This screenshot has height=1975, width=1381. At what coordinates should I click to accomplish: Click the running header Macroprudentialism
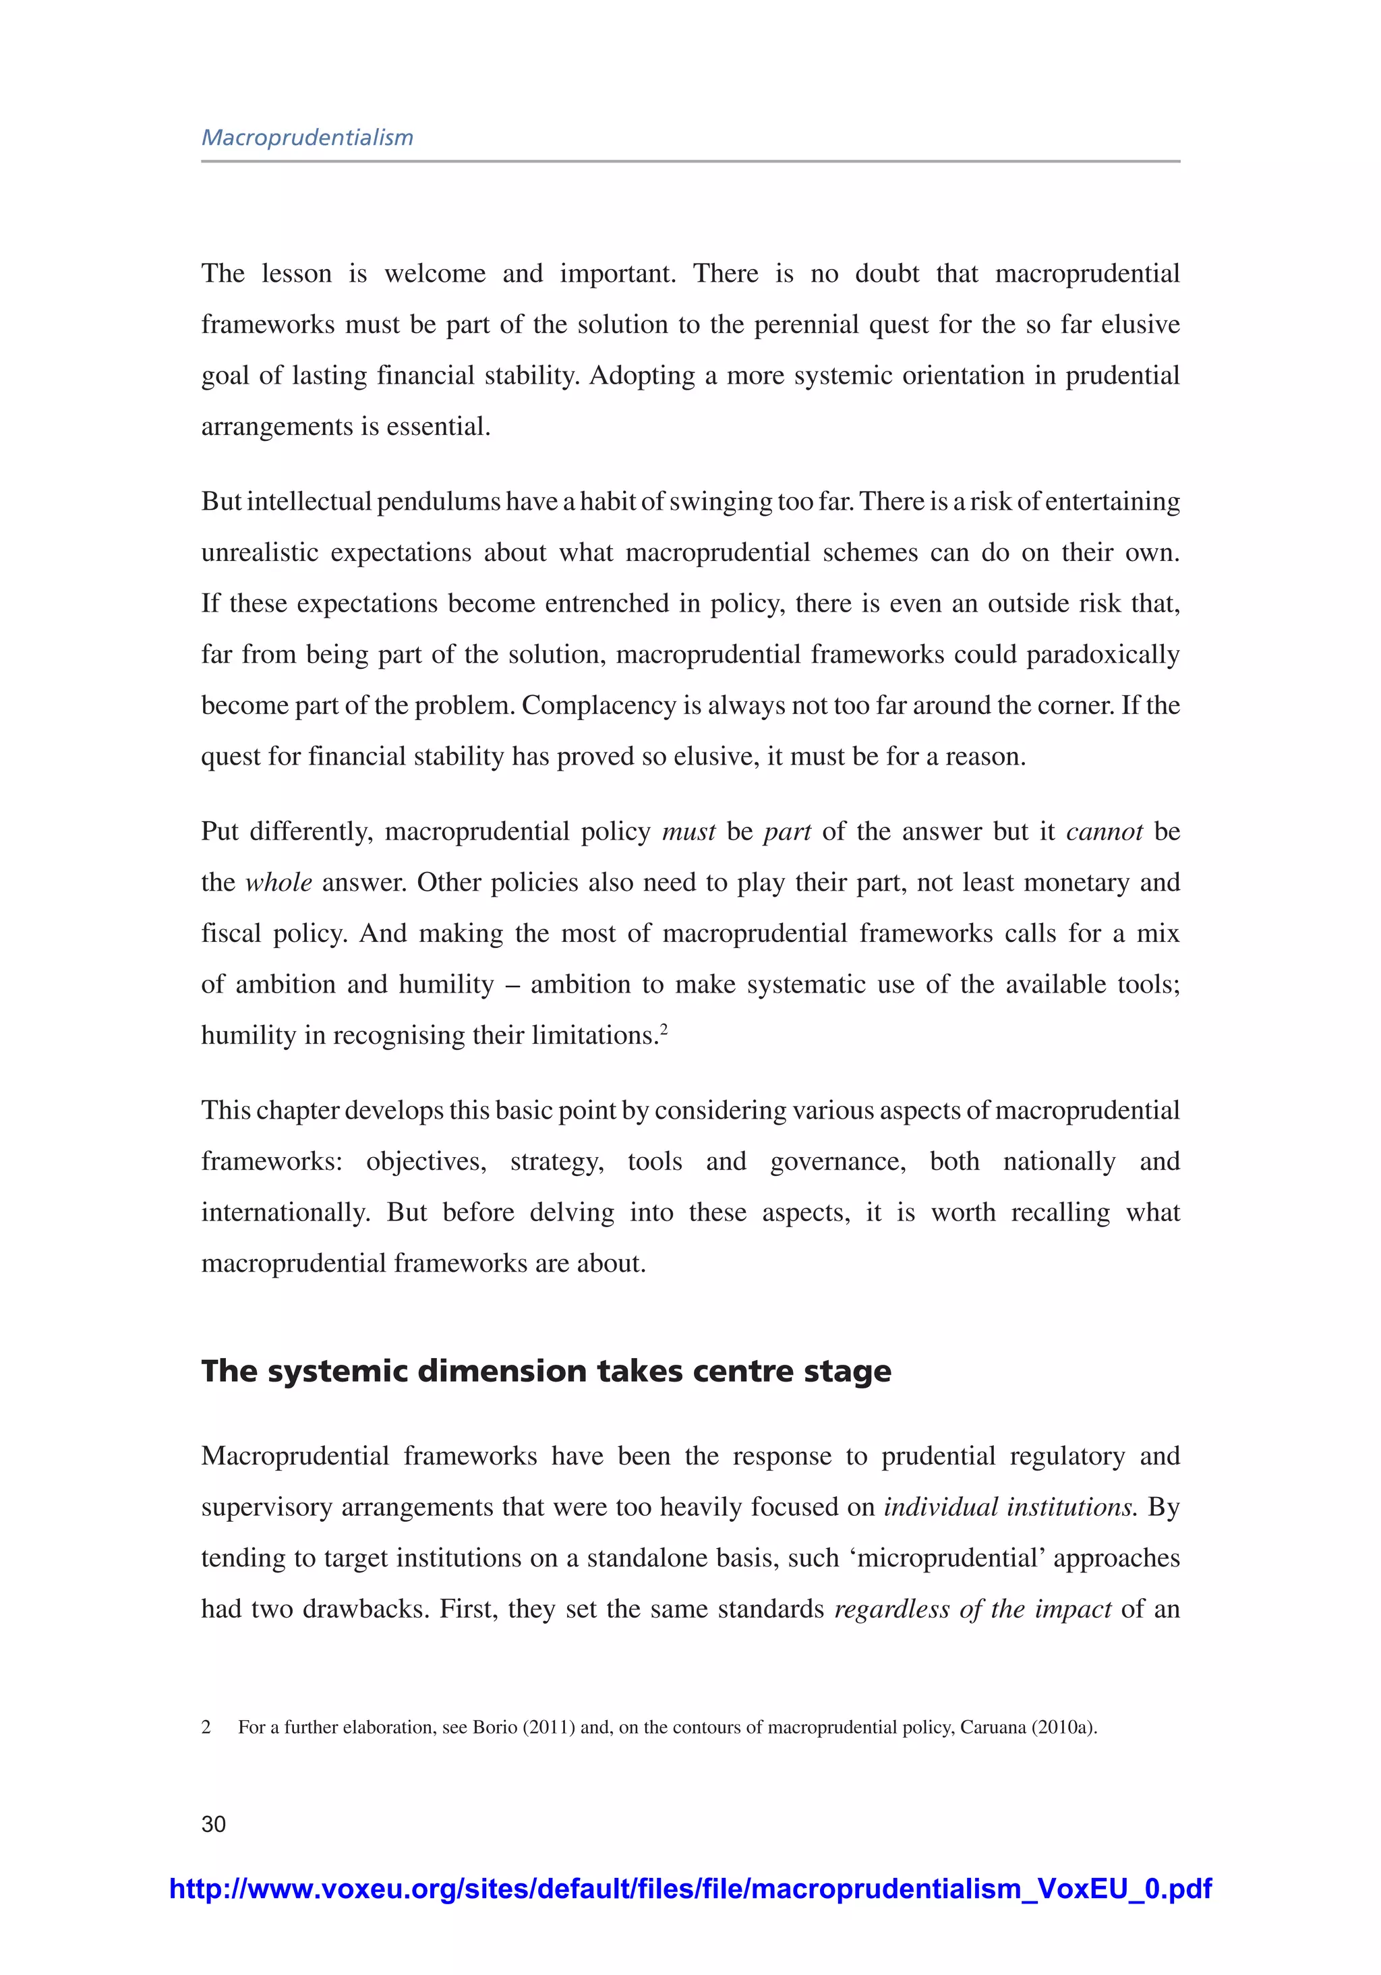pos(307,138)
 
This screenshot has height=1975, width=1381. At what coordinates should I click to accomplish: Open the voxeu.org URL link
pos(690,1888)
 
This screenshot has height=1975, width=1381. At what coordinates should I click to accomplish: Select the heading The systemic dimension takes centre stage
pos(546,1370)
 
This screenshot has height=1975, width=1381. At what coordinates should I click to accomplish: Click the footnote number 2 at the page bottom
pos(206,1726)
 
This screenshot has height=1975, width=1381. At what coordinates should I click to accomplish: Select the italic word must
pos(688,832)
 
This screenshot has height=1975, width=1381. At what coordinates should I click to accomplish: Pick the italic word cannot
pos(1104,832)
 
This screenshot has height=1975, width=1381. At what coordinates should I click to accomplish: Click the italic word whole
pos(278,883)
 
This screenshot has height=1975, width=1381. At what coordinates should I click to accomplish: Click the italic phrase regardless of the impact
pos(972,1609)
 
